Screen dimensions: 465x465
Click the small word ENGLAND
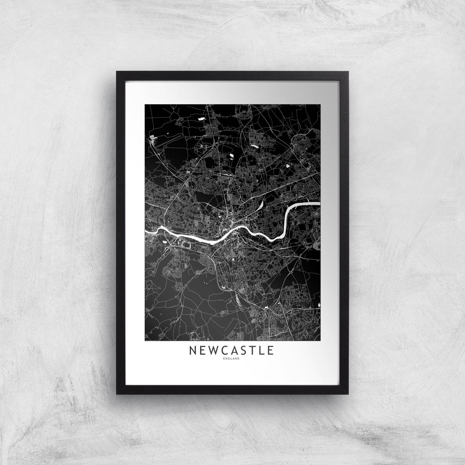coord(232,359)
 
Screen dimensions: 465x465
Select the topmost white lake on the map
coord(201,119)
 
